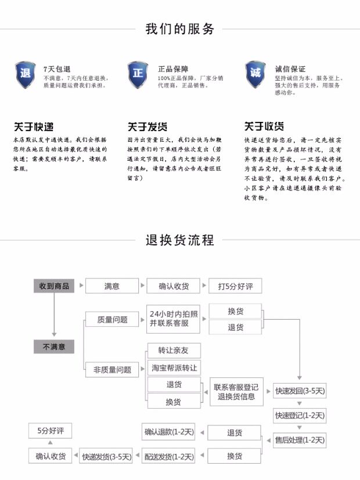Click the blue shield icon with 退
(25, 74)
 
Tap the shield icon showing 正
(138, 74)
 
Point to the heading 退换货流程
(179, 240)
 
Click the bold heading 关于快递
(33, 127)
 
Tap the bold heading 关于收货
(264, 127)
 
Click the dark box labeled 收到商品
(54, 286)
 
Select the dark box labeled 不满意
(54, 347)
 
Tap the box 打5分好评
(235, 286)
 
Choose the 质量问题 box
(112, 319)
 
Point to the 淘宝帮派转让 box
(174, 368)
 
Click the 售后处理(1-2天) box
(300, 441)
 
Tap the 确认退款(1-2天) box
(169, 432)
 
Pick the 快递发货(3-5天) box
(106, 456)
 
